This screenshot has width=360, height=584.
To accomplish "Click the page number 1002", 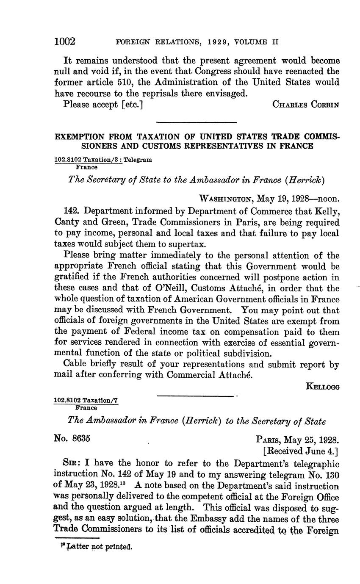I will [x=65, y=42].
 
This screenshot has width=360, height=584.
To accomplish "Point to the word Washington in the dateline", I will [x=226, y=199].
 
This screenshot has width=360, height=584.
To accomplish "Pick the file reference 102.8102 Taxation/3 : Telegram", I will [x=103, y=160].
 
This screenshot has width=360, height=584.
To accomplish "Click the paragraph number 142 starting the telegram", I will [x=70, y=211].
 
